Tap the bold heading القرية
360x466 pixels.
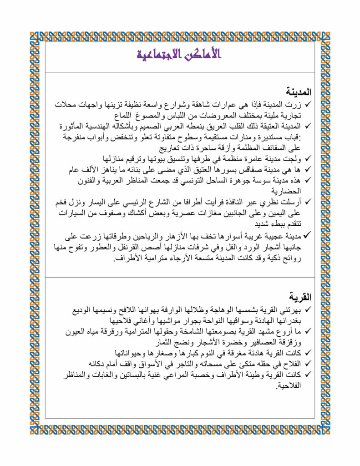coord(300,297)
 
